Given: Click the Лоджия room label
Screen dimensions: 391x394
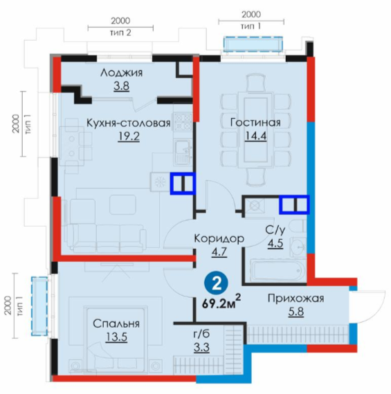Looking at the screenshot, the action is (x=122, y=73).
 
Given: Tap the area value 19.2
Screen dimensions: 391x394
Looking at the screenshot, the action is (x=129, y=136).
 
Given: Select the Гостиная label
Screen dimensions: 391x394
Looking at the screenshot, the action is (x=255, y=122).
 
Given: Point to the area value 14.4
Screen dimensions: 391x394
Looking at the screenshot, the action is (x=255, y=135).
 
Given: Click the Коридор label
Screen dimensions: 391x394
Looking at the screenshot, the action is (x=219, y=238).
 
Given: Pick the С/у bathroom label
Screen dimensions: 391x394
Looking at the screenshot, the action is (x=275, y=230).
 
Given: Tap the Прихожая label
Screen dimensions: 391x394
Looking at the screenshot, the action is (x=296, y=299).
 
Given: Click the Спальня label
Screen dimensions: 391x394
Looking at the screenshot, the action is (x=116, y=323).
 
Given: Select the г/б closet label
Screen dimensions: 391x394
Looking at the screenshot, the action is (x=201, y=334).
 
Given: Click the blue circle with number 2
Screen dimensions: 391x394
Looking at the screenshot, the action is (x=217, y=285).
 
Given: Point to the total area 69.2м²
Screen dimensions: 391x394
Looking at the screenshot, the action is (x=221, y=303).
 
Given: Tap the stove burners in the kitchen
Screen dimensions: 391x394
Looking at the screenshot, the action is (x=183, y=122).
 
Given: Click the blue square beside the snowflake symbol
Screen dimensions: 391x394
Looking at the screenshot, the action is (x=183, y=183).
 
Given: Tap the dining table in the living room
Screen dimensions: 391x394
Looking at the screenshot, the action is (x=255, y=130).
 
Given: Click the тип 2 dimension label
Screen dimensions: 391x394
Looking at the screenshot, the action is (x=121, y=33).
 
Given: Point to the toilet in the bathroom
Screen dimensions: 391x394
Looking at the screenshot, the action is (x=298, y=227).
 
